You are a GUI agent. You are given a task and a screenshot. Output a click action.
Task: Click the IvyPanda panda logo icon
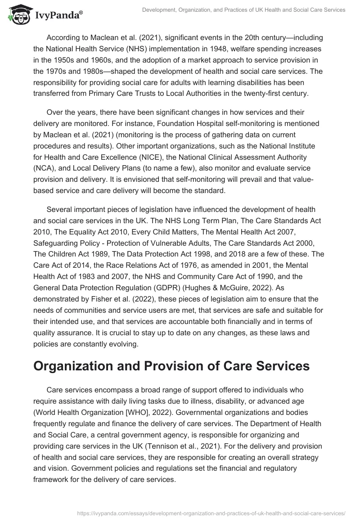pyautogui.click(x=18, y=14)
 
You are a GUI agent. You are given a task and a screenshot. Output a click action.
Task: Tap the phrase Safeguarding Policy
pyautogui.click(x=61, y=243)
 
